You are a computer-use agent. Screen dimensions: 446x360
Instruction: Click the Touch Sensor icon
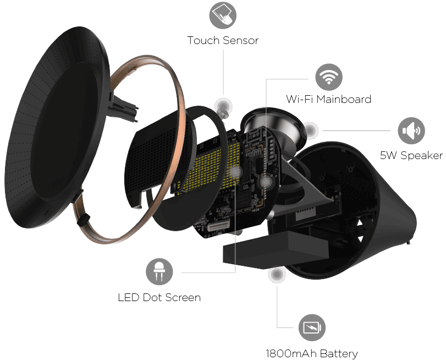click(223, 15)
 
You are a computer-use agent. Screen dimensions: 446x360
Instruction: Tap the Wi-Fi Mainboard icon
click(329, 77)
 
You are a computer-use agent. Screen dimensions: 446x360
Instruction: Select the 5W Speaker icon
click(411, 130)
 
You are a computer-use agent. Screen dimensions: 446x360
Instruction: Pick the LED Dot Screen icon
click(159, 271)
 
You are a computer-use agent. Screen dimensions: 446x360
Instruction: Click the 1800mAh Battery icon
click(312, 328)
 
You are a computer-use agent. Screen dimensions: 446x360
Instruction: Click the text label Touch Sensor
click(223, 40)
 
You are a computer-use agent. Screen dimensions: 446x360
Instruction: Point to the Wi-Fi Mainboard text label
click(329, 99)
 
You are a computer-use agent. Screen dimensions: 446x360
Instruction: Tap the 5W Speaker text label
click(411, 156)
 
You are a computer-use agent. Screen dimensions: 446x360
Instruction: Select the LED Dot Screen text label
click(159, 297)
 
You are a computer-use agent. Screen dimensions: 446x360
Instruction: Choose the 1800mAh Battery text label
click(312, 354)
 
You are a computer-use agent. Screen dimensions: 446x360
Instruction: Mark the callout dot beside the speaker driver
click(310, 130)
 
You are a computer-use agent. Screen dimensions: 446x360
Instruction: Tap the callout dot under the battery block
click(277, 274)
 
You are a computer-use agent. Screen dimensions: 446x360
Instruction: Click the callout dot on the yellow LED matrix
click(235, 172)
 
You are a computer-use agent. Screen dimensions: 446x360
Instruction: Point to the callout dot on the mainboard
click(266, 182)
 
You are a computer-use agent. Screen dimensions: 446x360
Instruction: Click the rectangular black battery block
click(276, 250)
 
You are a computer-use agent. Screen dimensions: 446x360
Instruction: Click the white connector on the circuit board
click(219, 226)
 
